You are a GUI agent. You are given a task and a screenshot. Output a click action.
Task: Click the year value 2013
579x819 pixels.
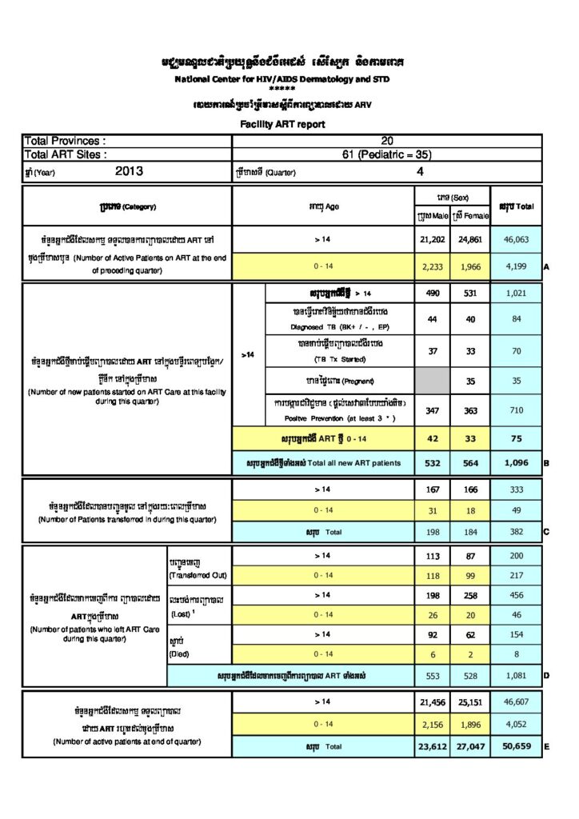tap(129, 171)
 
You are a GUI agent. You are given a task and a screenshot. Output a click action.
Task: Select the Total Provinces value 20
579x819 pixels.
tap(387, 141)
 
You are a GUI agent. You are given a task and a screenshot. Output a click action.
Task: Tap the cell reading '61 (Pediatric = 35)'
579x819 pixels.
tap(387, 155)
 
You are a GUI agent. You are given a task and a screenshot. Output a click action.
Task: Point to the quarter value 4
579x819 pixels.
tap(420, 171)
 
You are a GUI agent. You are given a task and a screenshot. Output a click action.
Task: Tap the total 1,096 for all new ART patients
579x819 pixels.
tap(517, 463)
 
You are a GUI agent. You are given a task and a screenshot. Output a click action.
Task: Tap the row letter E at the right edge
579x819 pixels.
tap(546, 749)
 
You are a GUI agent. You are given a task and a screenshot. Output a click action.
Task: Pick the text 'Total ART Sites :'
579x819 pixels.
tap(66, 155)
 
